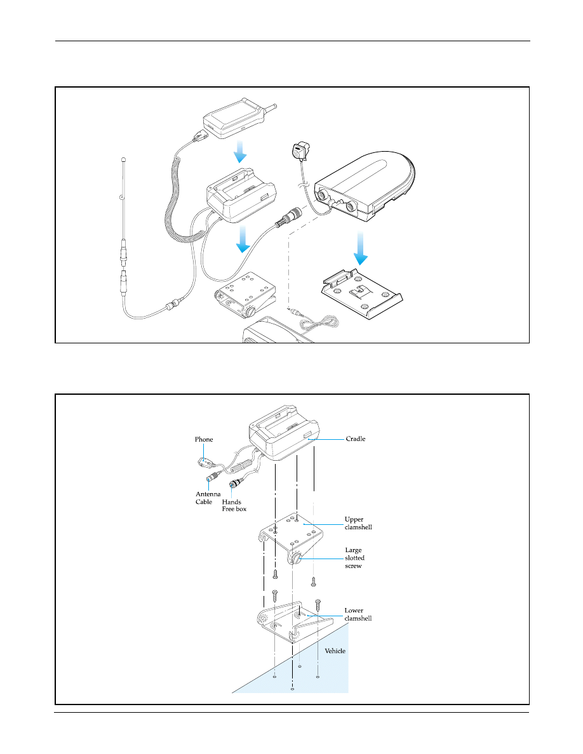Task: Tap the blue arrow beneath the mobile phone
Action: (x=239, y=152)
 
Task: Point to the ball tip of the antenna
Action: (x=123, y=159)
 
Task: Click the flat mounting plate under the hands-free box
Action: (x=361, y=293)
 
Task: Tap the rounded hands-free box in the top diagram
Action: (x=364, y=187)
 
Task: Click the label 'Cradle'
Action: (x=356, y=439)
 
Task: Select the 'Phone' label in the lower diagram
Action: (x=203, y=439)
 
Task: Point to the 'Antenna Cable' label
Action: (x=208, y=498)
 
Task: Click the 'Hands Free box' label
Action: (x=234, y=505)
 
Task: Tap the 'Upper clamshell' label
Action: (x=358, y=523)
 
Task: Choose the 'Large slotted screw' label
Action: (x=354, y=558)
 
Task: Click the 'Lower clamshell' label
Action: (x=358, y=614)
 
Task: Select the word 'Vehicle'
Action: (x=335, y=651)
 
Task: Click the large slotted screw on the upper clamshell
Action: (x=296, y=559)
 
